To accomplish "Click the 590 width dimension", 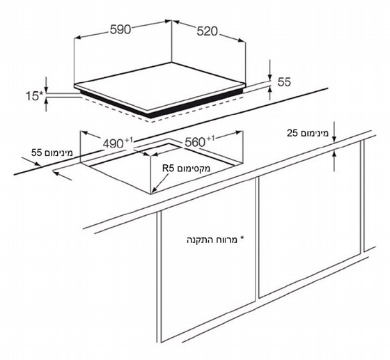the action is [120, 30].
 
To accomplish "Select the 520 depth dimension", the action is [207, 31].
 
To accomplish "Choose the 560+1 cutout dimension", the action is [199, 142].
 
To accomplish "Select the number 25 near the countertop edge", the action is [292, 133].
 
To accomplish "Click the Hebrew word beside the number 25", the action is [314, 133].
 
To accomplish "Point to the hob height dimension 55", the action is [284, 81].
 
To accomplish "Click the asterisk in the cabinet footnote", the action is [242, 239].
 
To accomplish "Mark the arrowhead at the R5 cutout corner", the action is [154, 189].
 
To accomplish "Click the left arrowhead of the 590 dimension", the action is [77, 38].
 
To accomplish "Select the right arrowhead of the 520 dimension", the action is [242, 40].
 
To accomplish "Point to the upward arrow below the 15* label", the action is [46, 104].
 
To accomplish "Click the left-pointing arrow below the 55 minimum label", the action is [63, 175].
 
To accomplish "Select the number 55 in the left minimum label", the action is [36, 152].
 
